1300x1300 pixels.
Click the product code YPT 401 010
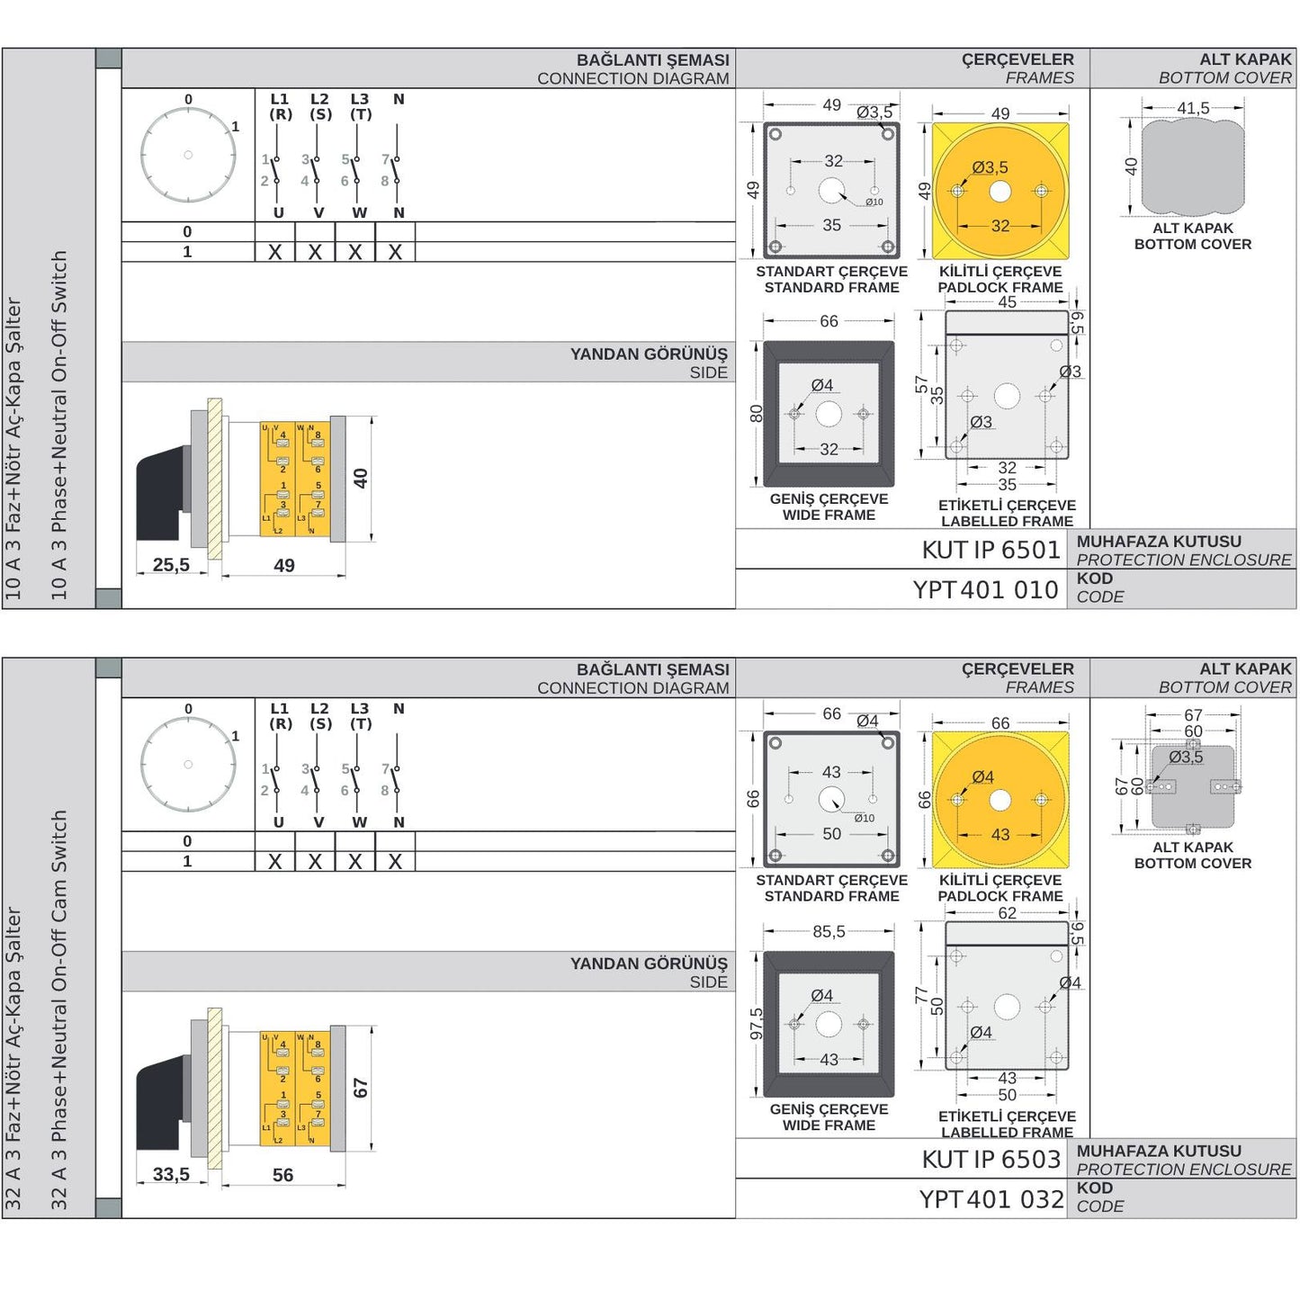coord(985,590)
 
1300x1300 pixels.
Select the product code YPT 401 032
coord(991,1199)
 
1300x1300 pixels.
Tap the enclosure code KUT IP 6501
coord(991,550)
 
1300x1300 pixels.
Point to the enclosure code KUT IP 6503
coord(991,1160)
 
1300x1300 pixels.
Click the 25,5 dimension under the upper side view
coord(171,565)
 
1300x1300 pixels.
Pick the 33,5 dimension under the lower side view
coord(171,1174)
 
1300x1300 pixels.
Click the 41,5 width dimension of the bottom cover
coord(1193,108)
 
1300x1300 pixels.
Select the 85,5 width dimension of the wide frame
coord(829,931)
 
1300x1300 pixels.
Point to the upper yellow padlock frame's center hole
coord(1000,192)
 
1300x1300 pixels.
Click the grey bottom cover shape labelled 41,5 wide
coord(1193,168)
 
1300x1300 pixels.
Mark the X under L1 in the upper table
coord(275,253)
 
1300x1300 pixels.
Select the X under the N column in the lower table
coord(395,862)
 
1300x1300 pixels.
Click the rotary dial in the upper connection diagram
coord(188,155)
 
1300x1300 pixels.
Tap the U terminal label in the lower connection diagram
coord(278,822)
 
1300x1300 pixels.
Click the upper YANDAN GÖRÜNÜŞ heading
coord(649,354)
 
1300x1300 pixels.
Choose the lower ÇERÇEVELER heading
coord(1018,669)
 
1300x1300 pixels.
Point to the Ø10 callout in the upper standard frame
coord(874,202)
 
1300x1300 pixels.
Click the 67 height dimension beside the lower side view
coord(361,1089)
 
